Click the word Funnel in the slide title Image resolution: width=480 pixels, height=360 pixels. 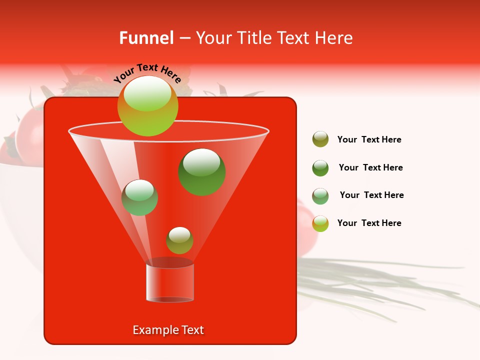click(146, 38)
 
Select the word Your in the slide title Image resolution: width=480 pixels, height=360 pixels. click(211, 38)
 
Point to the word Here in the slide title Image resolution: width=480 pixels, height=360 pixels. click(334, 38)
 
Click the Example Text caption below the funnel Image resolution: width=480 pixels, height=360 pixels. click(168, 330)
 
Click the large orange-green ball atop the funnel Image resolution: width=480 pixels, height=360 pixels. click(147, 106)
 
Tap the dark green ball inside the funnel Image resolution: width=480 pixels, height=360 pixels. click(201, 171)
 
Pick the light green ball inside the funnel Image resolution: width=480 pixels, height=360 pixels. click(139, 197)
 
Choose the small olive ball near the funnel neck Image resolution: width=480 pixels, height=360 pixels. click(179, 240)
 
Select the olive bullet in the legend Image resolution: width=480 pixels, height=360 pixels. click(320, 139)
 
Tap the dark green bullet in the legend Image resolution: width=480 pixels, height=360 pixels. click(320, 168)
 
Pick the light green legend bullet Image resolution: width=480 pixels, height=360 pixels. click(320, 196)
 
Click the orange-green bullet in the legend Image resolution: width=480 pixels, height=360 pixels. click(320, 223)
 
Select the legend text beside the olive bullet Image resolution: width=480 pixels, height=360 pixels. click(369, 140)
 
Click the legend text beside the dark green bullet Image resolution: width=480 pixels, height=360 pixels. click(370, 168)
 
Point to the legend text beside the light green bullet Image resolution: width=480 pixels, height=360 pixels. click(371, 195)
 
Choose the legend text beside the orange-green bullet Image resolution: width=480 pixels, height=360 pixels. click(369, 223)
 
